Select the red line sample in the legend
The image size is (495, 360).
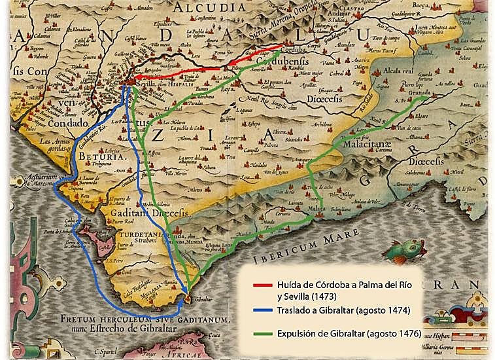(x=262, y=286)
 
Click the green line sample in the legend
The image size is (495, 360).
(x=262, y=334)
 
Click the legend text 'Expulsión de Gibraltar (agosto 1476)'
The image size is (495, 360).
(x=350, y=334)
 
